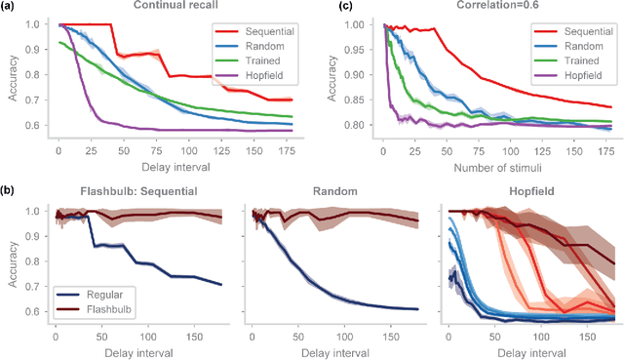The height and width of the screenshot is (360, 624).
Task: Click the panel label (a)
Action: point(11,7)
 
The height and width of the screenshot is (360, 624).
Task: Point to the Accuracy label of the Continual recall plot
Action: point(12,82)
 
